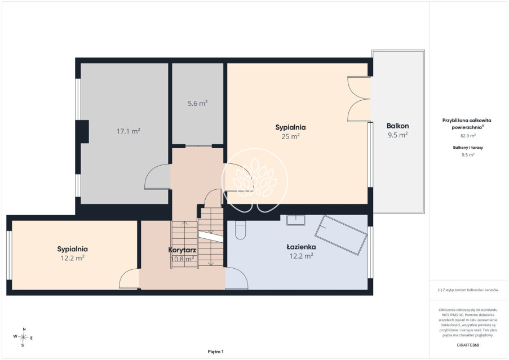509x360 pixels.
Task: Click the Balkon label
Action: click(x=397, y=126)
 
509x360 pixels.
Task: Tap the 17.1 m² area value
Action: click(x=128, y=131)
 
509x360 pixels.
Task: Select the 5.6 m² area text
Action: click(x=198, y=104)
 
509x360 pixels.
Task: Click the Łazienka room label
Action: click(x=301, y=247)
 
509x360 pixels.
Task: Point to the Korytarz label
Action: click(x=182, y=250)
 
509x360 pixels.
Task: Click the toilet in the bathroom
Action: click(x=240, y=230)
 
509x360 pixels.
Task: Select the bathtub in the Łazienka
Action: click(x=341, y=235)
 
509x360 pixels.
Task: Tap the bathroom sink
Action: click(x=296, y=220)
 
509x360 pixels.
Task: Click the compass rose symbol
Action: click(x=23, y=337)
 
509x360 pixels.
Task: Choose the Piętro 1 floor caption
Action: click(x=215, y=352)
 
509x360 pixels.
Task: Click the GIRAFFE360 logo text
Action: click(x=468, y=345)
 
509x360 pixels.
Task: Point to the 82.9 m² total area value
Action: click(x=468, y=136)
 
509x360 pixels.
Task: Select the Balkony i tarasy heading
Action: click(x=468, y=148)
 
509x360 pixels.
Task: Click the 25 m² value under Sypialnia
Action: click(x=290, y=136)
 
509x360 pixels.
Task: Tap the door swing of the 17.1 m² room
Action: click(x=158, y=177)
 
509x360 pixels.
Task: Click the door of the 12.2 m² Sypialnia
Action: click(x=129, y=279)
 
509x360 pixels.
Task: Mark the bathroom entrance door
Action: click(x=237, y=278)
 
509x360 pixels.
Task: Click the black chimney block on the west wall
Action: click(x=82, y=131)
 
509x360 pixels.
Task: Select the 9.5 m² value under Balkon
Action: click(x=397, y=135)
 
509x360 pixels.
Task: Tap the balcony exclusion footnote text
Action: click(x=468, y=290)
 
